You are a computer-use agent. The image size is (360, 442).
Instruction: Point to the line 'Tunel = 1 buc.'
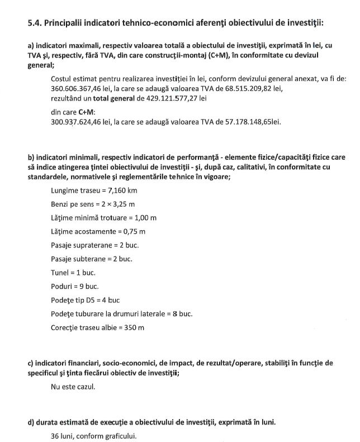(73, 273)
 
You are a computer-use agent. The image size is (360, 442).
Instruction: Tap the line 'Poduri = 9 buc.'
(75, 287)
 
